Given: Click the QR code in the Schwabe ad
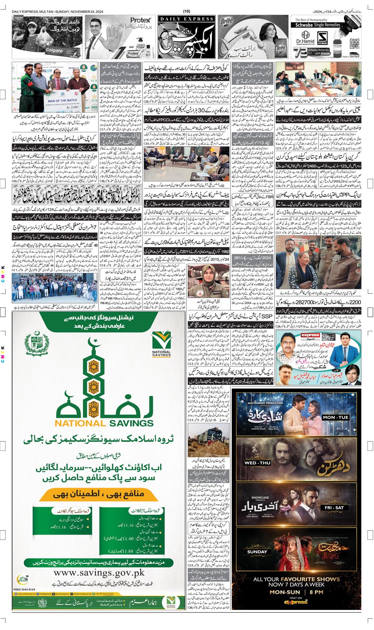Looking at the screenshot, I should click(353, 43).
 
